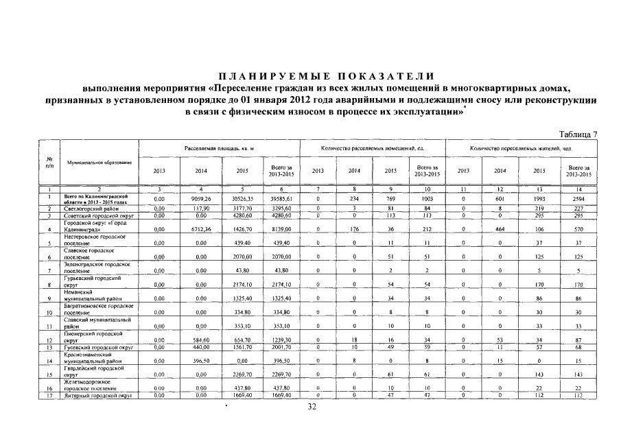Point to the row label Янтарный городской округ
(97, 396)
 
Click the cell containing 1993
(539, 199)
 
